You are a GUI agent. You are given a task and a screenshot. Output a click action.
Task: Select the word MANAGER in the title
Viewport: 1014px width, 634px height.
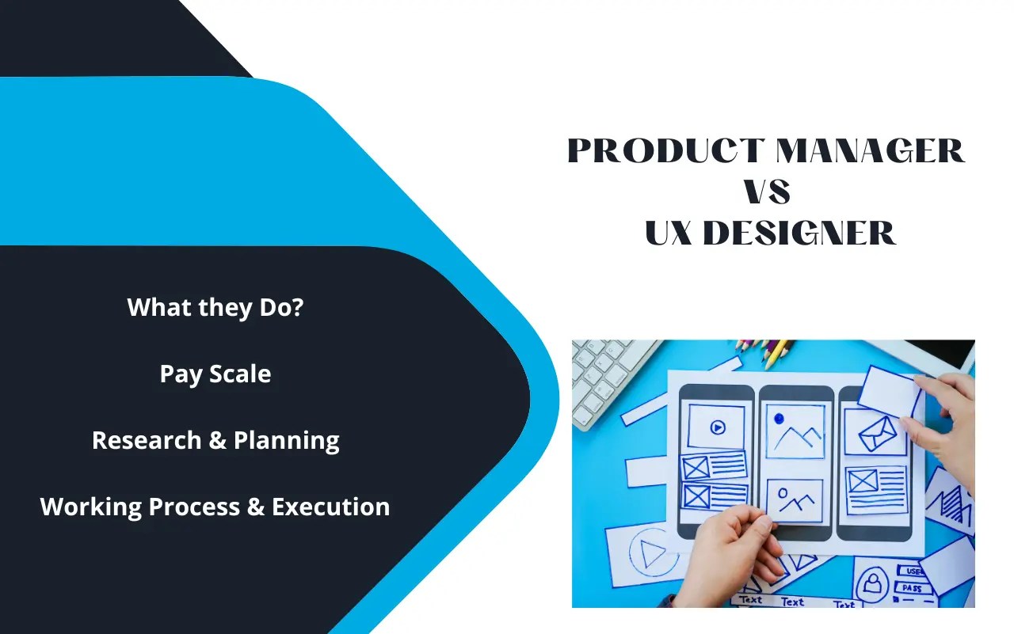870,151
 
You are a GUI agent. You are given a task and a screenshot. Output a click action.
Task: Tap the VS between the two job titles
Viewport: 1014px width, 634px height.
767,192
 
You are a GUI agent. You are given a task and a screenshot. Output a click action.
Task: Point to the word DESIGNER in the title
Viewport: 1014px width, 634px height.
799,233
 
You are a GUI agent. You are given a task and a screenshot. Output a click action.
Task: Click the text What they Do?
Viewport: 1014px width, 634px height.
215,307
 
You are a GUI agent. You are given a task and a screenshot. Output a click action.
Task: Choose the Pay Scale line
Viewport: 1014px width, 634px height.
215,374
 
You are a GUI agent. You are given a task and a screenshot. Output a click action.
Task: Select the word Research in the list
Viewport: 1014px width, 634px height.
147,440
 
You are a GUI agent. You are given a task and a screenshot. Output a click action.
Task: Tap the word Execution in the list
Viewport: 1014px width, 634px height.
331,507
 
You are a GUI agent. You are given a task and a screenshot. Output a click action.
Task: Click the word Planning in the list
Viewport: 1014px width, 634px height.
287,441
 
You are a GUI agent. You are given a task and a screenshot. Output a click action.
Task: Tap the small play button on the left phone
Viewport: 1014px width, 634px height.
717,427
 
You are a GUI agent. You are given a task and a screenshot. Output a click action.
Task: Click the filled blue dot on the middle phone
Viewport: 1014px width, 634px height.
779,418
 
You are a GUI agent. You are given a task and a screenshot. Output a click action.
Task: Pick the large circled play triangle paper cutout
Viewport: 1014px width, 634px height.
651,552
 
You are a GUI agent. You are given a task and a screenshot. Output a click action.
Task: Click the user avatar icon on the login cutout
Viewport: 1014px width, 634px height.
873,584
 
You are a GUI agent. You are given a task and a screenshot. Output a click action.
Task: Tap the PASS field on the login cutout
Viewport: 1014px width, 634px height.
914,589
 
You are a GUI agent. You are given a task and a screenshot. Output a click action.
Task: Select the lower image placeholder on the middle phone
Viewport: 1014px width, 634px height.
795,500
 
